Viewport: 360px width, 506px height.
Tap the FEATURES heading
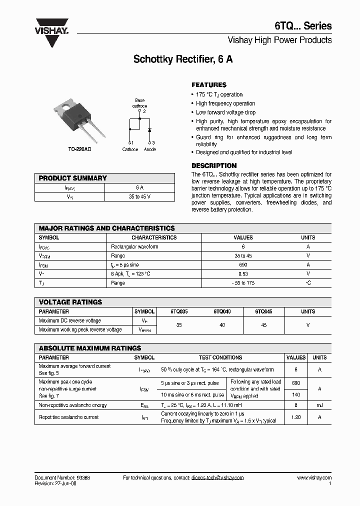pyautogui.click(x=209, y=85)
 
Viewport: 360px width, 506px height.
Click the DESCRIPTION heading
pyautogui.click(x=214, y=165)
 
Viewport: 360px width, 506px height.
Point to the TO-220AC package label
pyautogui.click(x=80, y=149)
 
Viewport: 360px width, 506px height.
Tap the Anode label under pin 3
pyautogui.click(x=150, y=149)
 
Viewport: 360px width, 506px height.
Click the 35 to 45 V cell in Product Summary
pyautogui.click(x=139, y=197)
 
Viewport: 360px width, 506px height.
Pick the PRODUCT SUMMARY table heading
pyautogui.click(x=73, y=178)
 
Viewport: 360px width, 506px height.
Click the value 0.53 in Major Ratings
pyautogui.click(x=243, y=274)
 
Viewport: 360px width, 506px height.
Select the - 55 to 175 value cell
pyautogui.click(x=243, y=283)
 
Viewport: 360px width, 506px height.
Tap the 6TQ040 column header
pyautogui.click(x=222, y=311)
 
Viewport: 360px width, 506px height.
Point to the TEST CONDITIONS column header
pyautogui.click(x=220, y=357)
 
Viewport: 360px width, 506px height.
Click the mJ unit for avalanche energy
pyautogui.click(x=319, y=405)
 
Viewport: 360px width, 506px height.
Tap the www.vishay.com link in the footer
pyautogui.click(x=314, y=478)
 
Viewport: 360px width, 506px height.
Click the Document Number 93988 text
pyautogui.click(x=62, y=478)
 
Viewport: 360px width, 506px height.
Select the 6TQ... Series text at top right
pyautogui.click(x=309, y=26)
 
